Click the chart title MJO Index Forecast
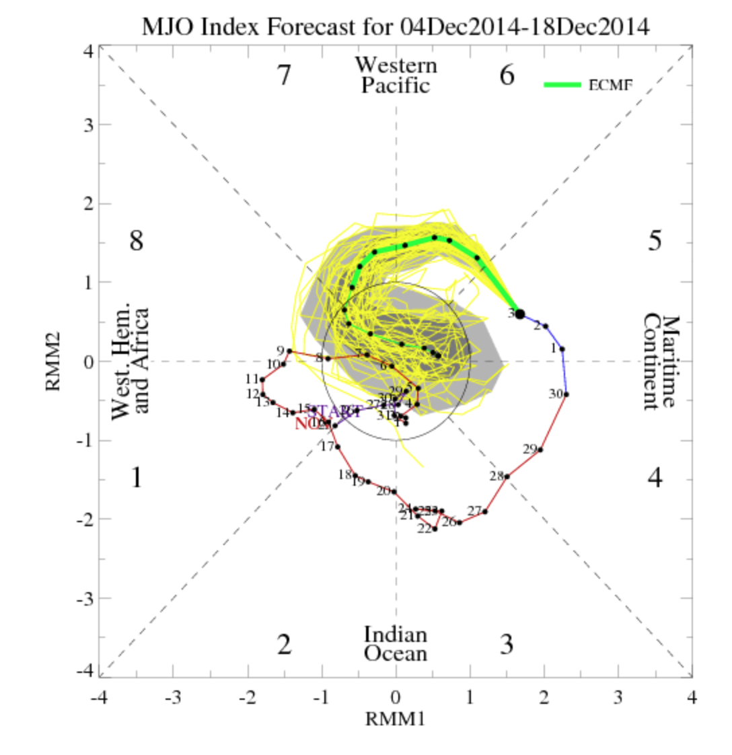point(396,26)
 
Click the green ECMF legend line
point(562,84)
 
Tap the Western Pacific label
point(396,75)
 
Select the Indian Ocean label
point(396,644)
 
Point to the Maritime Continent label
point(660,362)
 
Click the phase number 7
point(284,75)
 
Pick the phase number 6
point(507,75)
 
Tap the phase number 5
point(655,241)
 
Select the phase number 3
point(507,645)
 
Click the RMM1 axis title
point(396,719)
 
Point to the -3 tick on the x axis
point(173,697)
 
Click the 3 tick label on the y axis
point(88,125)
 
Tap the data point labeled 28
point(507,476)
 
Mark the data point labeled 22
point(435,528)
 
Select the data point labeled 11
point(262,380)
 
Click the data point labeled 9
point(289,351)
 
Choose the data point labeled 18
point(355,475)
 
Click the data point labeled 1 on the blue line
point(562,349)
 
